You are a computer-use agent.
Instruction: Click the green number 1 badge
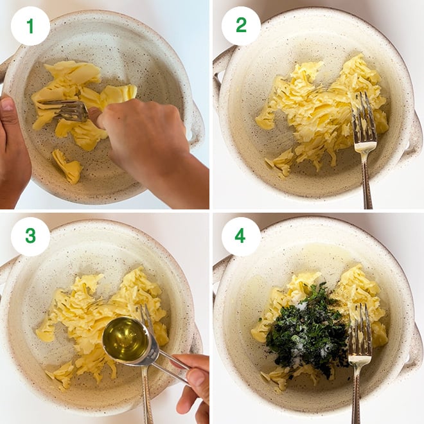tap(30, 26)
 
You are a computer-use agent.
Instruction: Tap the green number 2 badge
tap(241, 26)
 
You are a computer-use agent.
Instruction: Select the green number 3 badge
tap(30, 236)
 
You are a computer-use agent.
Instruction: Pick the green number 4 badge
tap(241, 236)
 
